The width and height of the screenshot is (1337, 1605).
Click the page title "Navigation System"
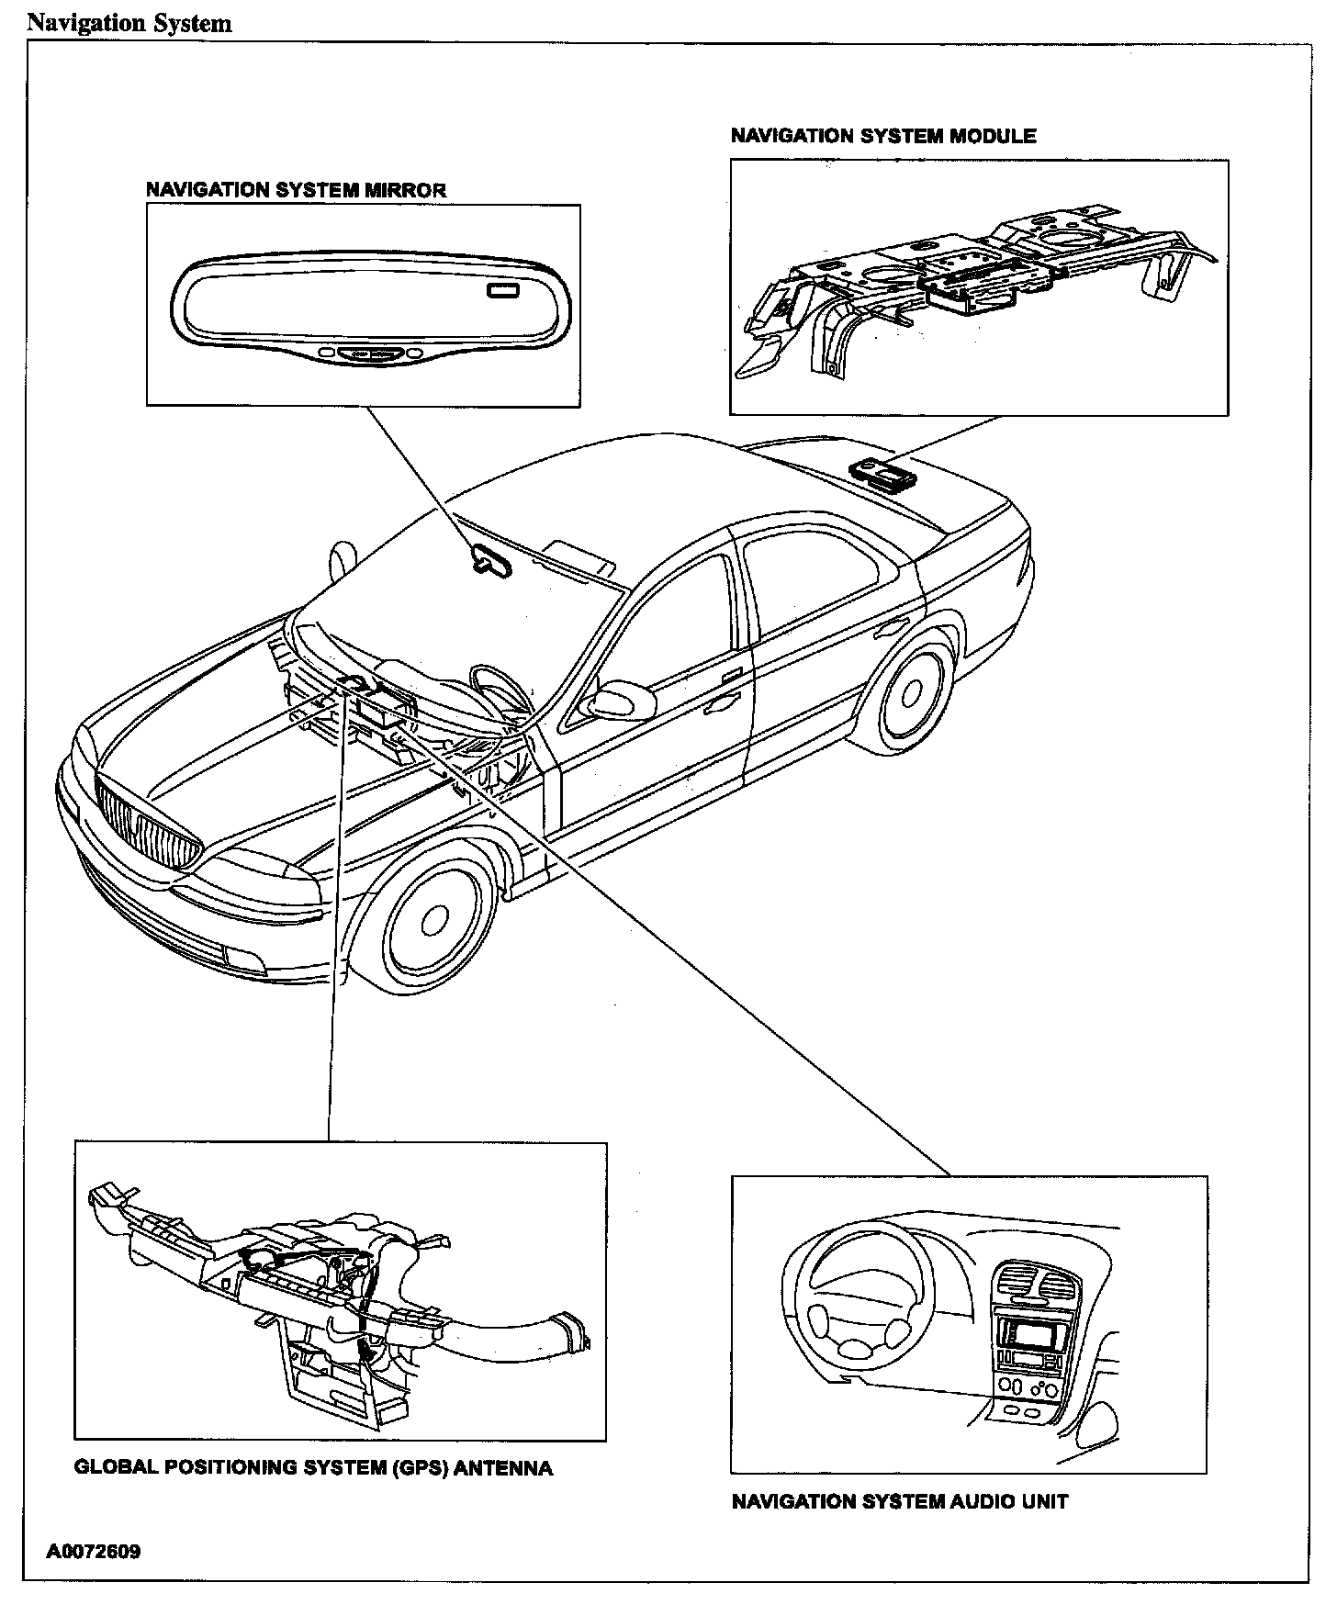click(x=129, y=23)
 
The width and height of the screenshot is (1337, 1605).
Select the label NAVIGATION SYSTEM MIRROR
click(x=296, y=190)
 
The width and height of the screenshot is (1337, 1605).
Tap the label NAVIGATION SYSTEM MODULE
click(x=882, y=136)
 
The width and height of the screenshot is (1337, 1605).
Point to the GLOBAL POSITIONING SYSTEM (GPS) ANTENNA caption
click(x=313, y=1467)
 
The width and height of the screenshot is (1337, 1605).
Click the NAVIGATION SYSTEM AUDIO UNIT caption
click(x=899, y=1501)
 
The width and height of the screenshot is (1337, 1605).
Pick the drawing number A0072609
click(x=95, y=1552)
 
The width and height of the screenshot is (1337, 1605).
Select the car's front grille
click(x=150, y=826)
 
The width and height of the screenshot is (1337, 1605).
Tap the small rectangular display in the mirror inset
click(x=503, y=292)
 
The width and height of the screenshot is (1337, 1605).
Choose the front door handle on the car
click(x=721, y=705)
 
